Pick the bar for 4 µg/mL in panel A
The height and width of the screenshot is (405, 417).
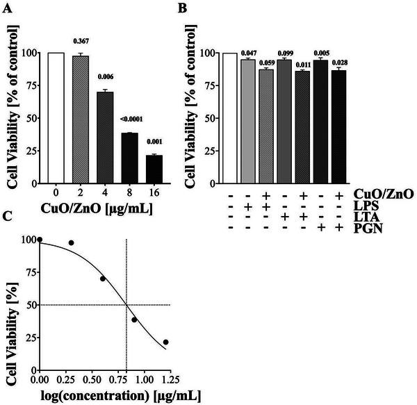pos(105,135)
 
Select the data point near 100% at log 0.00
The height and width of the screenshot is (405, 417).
pos(40,240)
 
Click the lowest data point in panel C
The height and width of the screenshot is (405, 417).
pos(165,342)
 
